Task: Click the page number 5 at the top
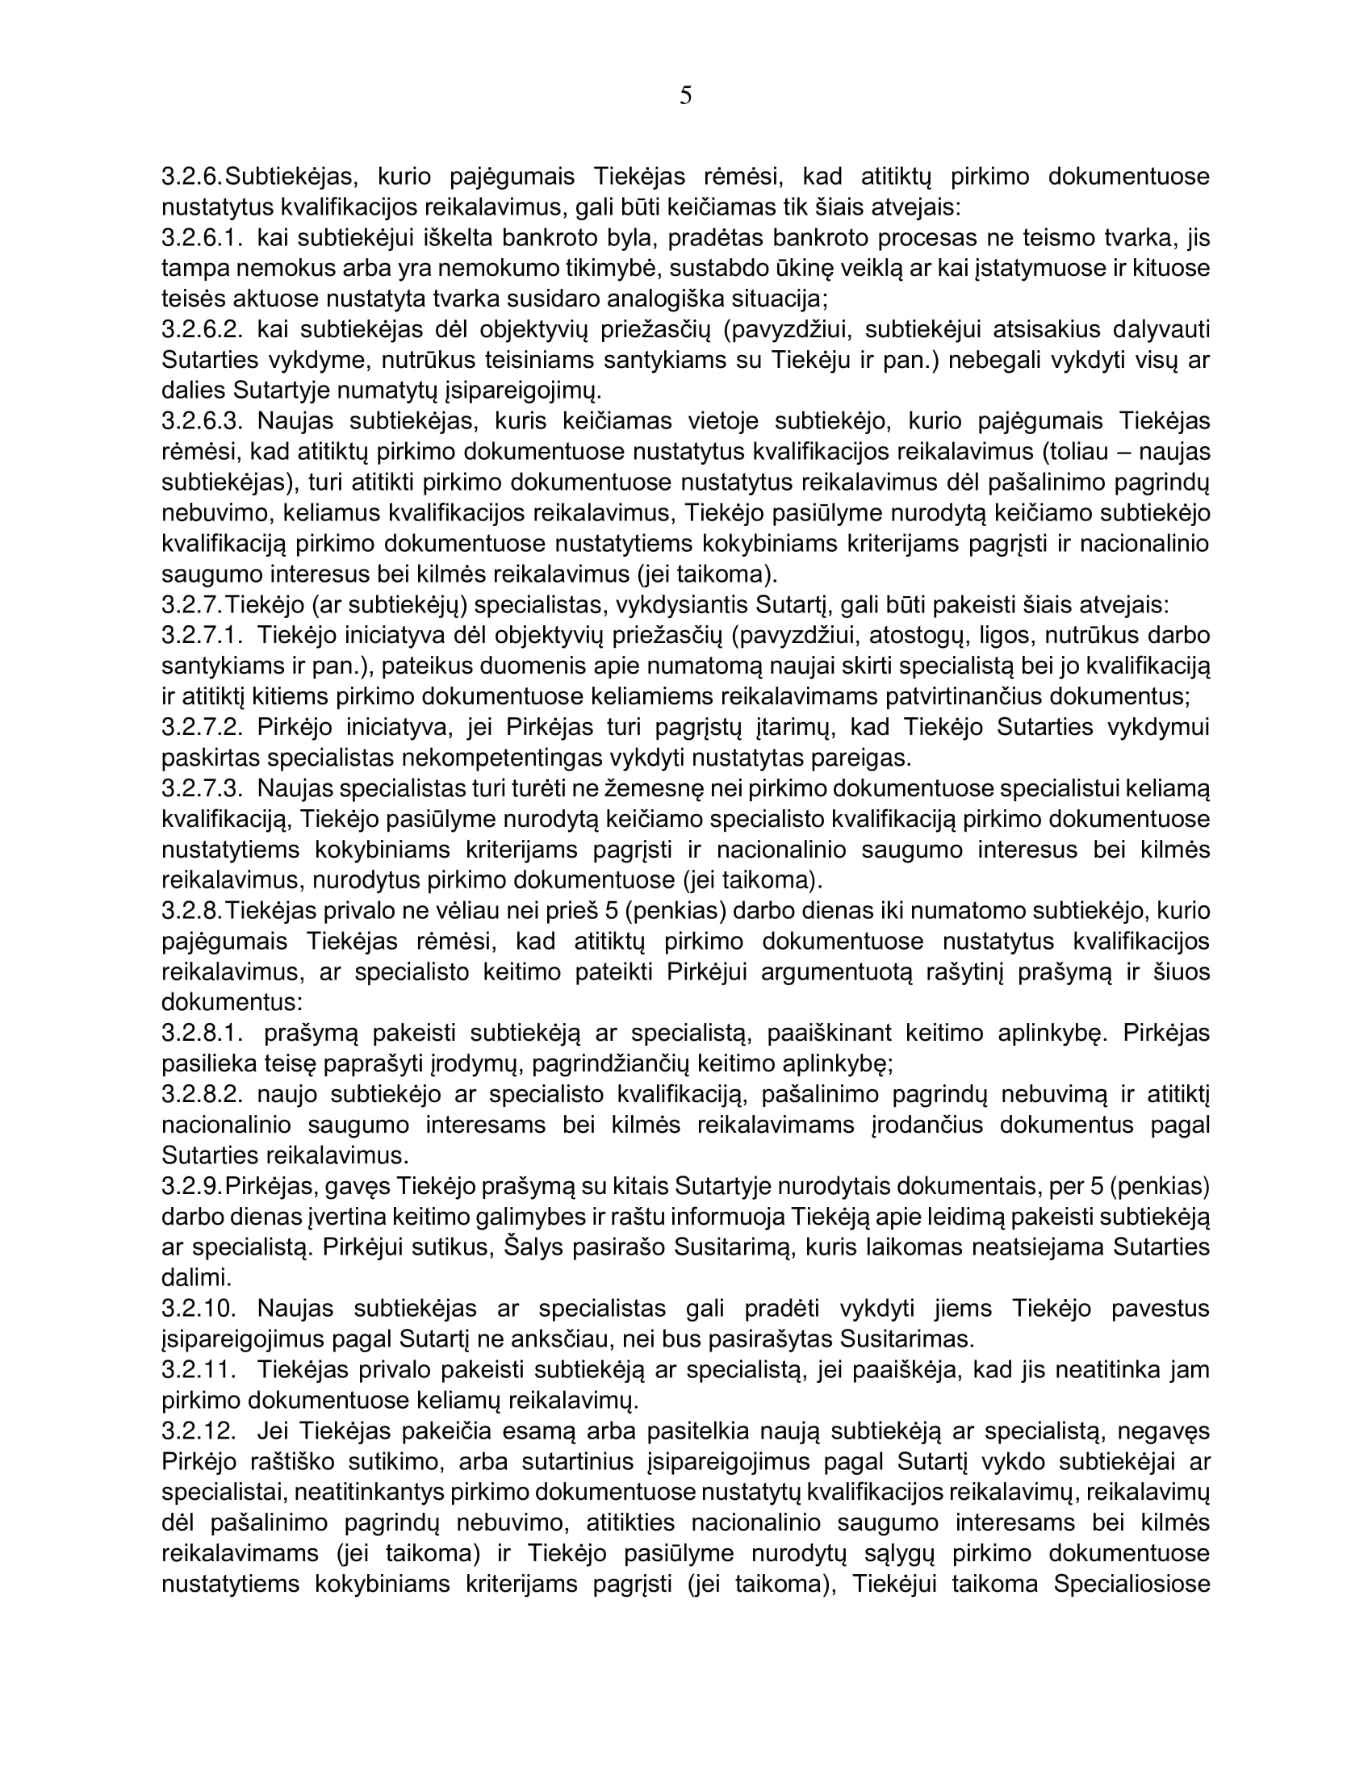[685, 96]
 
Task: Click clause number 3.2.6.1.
[203, 238]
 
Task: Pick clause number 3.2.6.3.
[203, 421]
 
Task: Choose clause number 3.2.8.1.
[203, 1033]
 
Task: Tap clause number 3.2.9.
[191, 1186]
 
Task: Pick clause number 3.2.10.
[199, 1308]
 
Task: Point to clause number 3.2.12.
[199, 1430]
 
